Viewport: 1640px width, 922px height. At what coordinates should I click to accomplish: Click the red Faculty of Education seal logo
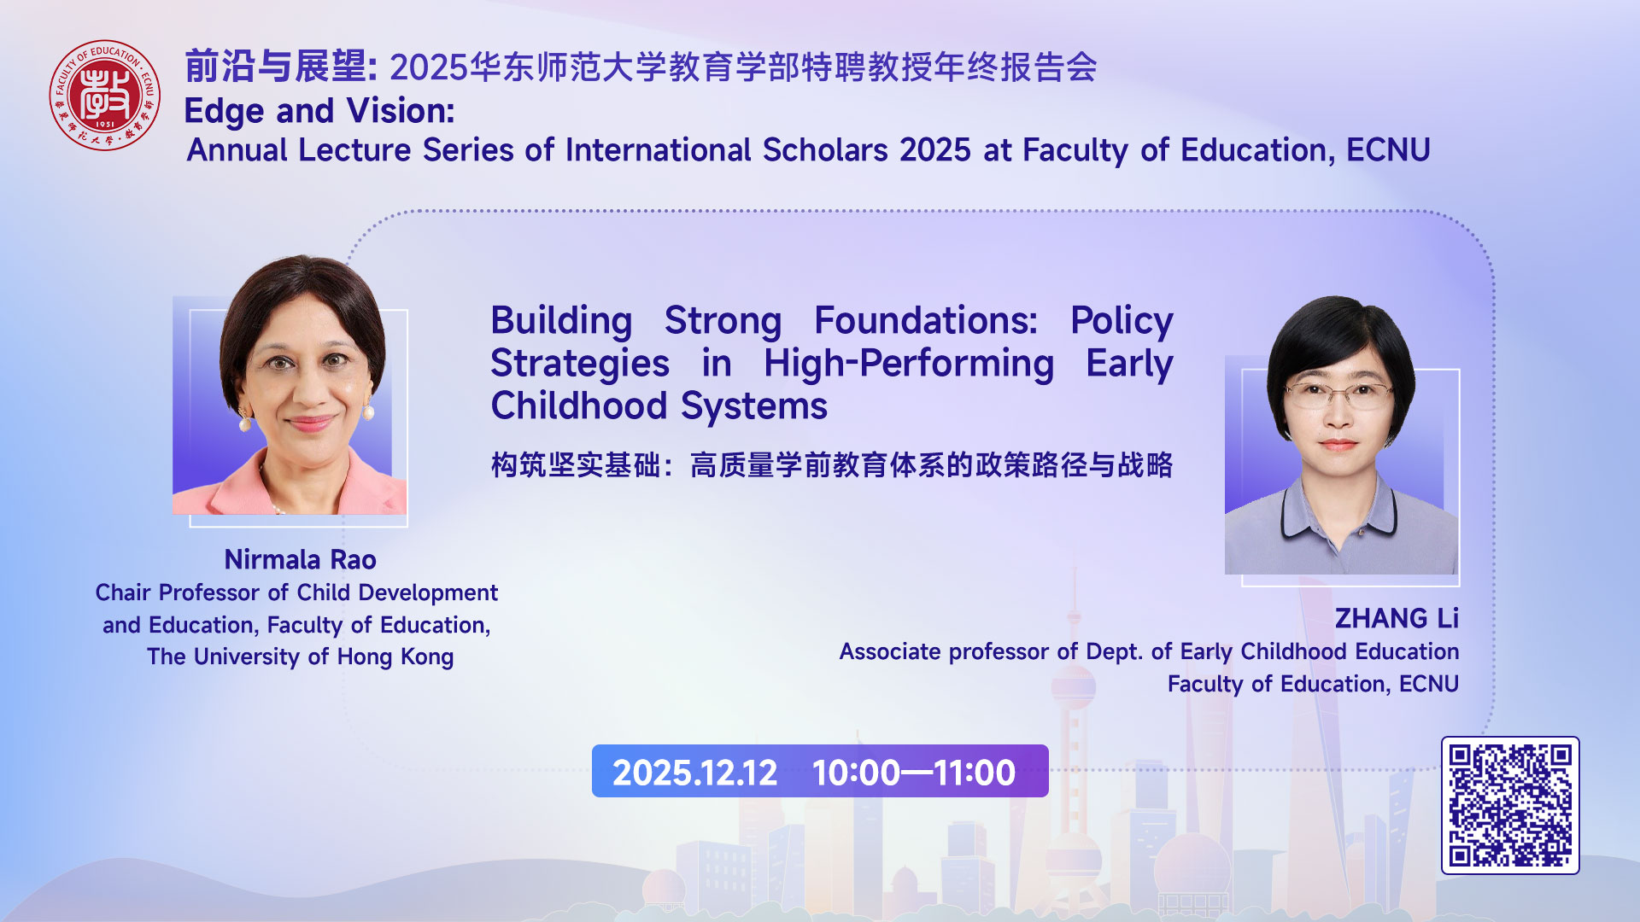tap(104, 95)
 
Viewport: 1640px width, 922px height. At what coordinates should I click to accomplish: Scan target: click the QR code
tap(1509, 805)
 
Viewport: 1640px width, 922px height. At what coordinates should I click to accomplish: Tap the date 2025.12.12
tap(694, 773)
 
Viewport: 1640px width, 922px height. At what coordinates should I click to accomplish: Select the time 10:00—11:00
tap(913, 773)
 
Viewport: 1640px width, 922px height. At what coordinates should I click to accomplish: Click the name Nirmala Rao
tap(300, 560)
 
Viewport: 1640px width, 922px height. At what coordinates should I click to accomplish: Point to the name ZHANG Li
tap(1396, 618)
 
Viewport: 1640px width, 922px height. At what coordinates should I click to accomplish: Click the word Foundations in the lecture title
tap(925, 321)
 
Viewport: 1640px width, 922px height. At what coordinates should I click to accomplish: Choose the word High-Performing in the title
tap(908, 364)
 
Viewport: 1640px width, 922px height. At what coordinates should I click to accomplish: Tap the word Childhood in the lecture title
tap(578, 406)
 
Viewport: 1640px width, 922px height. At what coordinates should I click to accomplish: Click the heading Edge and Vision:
tap(319, 111)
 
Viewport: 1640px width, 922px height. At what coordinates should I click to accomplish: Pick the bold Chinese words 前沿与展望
tap(275, 67)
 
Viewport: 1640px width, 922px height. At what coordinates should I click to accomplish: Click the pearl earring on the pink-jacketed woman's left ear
tap(369, 414)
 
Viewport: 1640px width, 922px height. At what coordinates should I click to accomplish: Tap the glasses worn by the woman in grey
tap(1338, 394)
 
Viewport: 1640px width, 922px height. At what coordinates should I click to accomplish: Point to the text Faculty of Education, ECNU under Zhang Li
tap(1313, 684)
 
